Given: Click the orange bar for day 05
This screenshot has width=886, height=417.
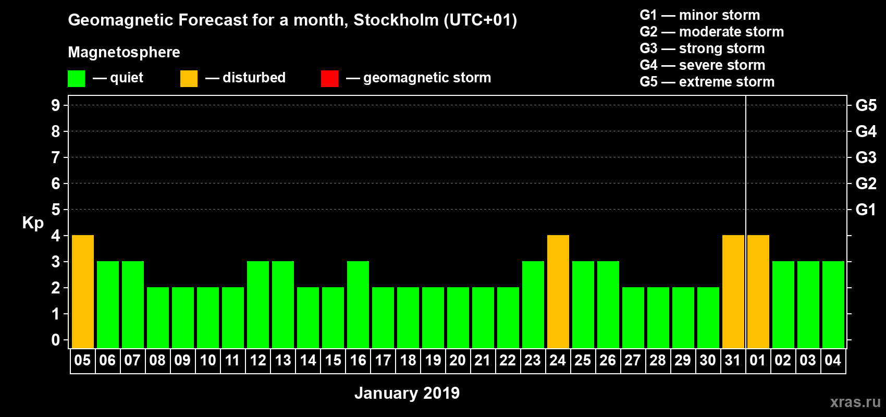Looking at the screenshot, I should click(x=83, y=291).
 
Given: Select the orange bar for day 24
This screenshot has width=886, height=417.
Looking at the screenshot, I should click(x=558, y=291).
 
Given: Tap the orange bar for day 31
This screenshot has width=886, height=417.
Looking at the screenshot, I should click(x=733, y=291).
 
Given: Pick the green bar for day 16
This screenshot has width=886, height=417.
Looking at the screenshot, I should click(x=358, y=304).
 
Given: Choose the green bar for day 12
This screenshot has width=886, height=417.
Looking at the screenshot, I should click(x=258, y=304).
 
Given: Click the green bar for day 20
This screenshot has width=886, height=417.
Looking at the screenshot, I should click(x=458, y=317).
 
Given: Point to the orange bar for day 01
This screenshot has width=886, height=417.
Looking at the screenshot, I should click(x=758, y=291).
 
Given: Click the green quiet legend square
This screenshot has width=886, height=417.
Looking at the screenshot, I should click(x=77, y=79).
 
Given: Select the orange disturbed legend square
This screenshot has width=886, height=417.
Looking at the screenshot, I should click(x=189, y=79).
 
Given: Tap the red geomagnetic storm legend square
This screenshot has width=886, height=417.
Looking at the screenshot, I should click(x=329, y=79).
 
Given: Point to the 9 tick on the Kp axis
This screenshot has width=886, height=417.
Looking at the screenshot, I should click(x=56, y=105).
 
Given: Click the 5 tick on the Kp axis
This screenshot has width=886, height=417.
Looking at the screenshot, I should click(x=56, y=210).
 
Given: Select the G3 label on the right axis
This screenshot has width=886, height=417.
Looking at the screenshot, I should click(x=866, y=157).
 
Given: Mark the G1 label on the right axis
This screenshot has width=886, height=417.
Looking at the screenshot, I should click(x=866, y=210).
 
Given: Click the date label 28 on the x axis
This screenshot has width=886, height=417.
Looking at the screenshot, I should click(x=658, y=360).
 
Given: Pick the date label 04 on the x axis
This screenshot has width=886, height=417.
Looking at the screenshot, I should click(x=833, y=360).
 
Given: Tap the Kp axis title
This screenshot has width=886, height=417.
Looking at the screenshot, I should click(x=33, y=223).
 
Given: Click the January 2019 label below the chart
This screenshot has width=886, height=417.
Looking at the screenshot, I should click(x=407, y=393).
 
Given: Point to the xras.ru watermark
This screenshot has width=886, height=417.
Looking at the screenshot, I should click(x=855, y=401).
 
